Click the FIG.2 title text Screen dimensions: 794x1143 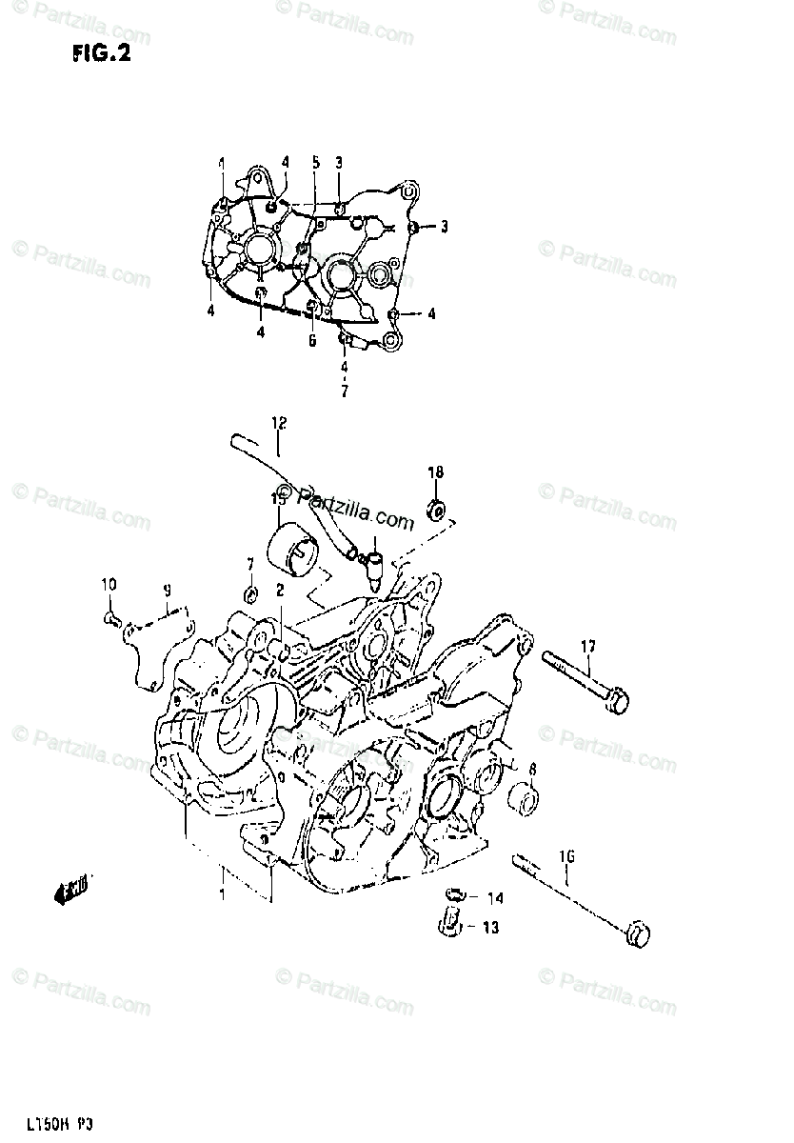click(100, 53)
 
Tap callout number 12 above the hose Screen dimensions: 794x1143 click(278, 422)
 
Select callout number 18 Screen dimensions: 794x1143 click(435, 472)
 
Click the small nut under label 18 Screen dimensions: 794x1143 click(437, 511)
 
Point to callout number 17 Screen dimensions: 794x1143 click(587, 647)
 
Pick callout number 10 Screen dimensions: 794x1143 click(109, 584)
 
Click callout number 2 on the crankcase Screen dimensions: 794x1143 click(280, 592)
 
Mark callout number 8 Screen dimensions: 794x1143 click(532, 769)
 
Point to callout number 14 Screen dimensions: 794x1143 click(496, 898)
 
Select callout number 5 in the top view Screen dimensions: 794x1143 click(315, 163)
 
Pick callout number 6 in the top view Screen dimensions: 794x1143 click(310, 340)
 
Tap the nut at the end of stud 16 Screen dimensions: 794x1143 click(634, 933)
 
